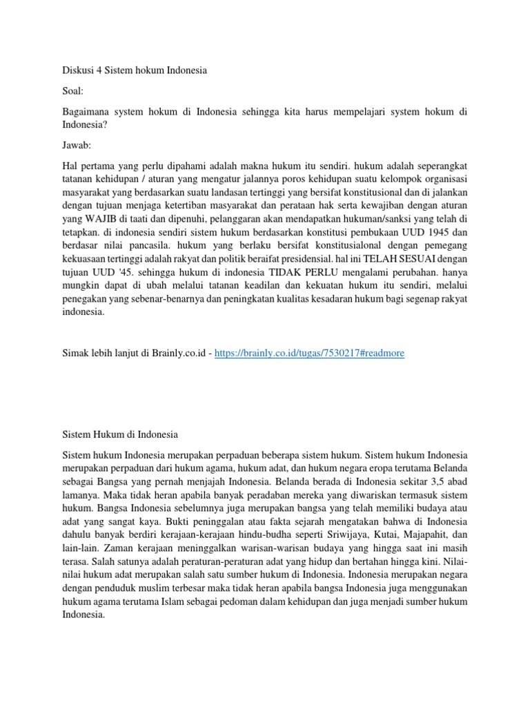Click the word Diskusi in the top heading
[77, 70]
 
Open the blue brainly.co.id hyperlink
[309, 353]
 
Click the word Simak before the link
[75, 353]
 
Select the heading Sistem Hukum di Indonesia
[120, 435]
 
